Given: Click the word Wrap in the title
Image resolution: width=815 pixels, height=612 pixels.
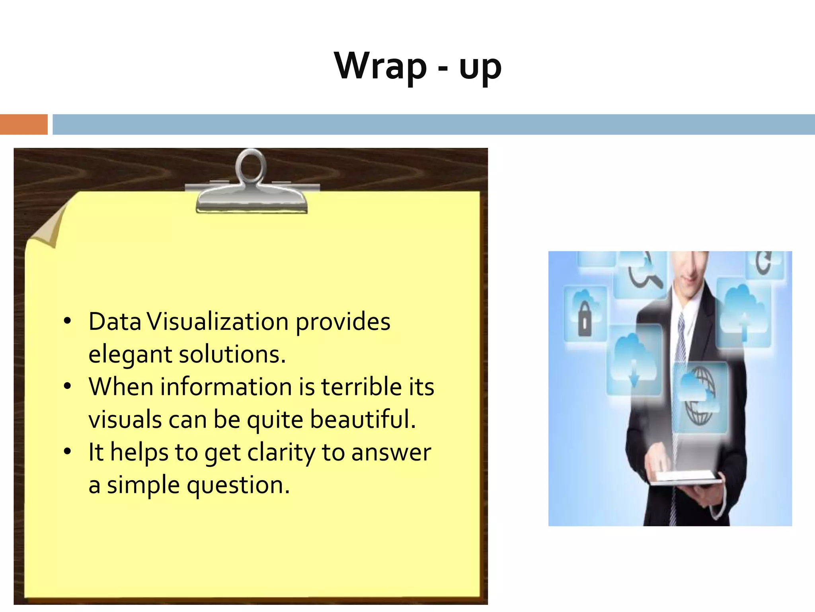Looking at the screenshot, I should [380, 67].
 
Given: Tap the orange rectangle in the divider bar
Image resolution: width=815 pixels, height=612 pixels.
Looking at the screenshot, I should [23, 124].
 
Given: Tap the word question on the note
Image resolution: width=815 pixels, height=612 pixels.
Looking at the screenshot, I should [238, 486].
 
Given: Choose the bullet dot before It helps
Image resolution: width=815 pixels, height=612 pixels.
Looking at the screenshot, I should [67, 451].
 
